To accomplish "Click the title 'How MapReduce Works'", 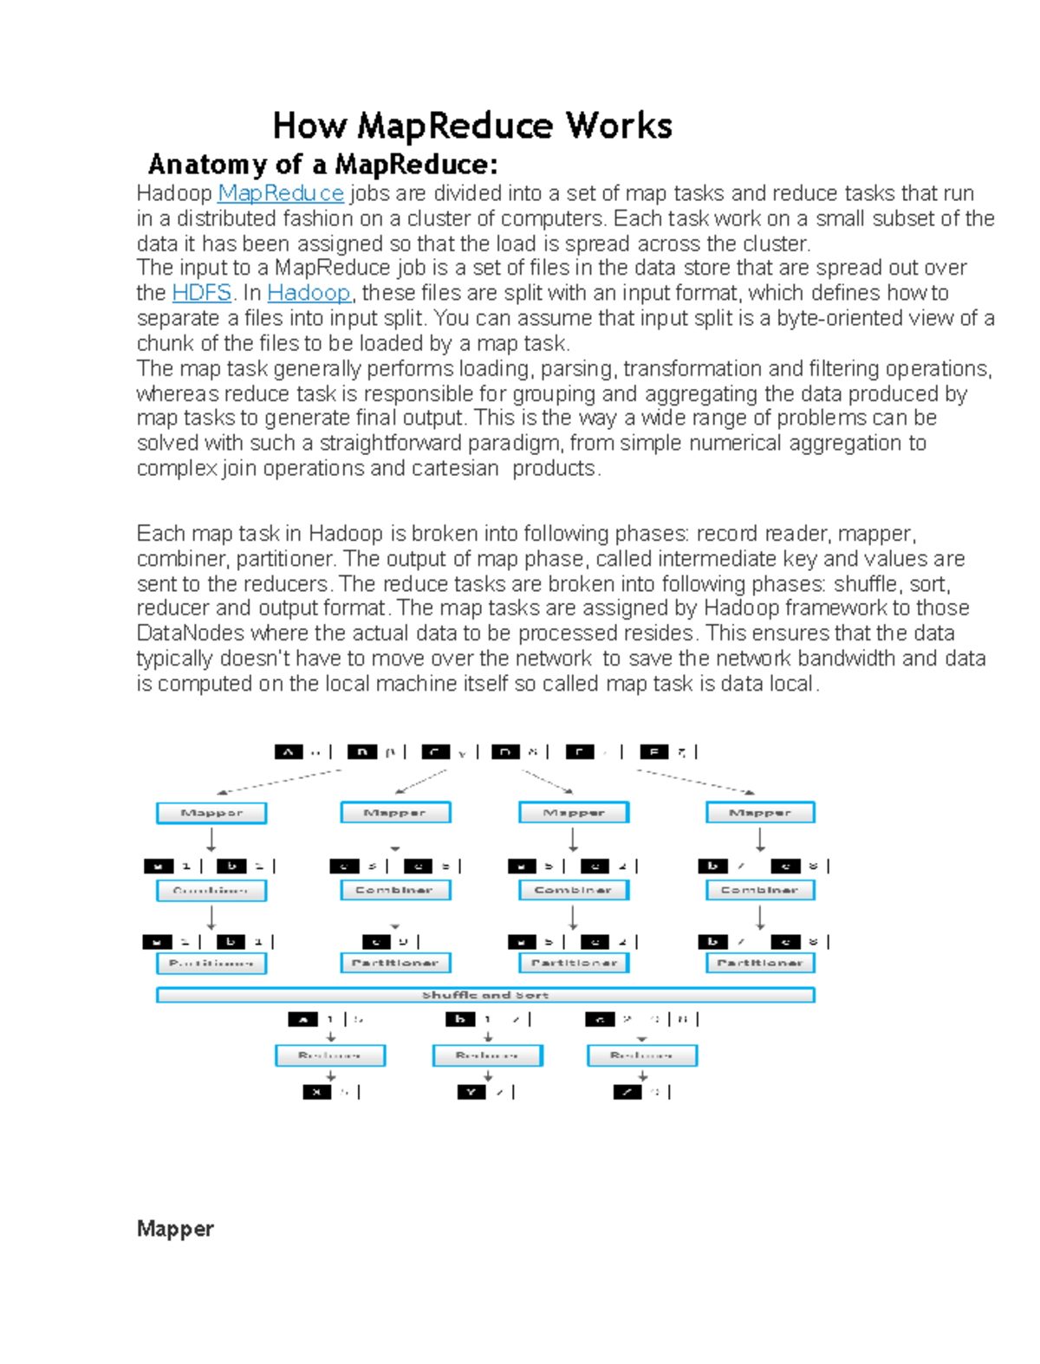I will click(x=472, y=127).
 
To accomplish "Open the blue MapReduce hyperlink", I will click(x=280, y=193).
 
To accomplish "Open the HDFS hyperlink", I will click(x=202, y=293).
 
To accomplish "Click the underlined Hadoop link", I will click(x=309, y=293).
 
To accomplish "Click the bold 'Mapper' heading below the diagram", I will click(x=175, y=1229).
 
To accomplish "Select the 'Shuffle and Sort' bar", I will click(x=485, y=995).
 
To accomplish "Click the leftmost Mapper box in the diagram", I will click(x=211, y=813).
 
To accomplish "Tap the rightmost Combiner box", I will click(x=760, y=890).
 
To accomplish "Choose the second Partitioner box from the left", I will click(x=395, y=963).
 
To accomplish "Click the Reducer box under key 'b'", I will click(x=487, y=1055).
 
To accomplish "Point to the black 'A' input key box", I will click(x=289, y=752).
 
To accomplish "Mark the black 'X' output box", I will click(x=316, y=1092).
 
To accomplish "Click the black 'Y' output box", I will click(x=471, y=1092).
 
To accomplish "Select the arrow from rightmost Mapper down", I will click(x=760, y=840).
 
